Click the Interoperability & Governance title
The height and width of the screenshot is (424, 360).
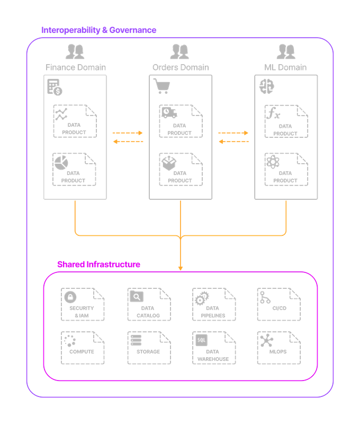coord(99,30)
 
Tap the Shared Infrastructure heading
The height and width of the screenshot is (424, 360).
coord(98,264)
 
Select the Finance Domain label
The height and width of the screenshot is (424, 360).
coord(75,67)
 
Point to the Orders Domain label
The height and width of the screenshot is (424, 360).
coord(181,67)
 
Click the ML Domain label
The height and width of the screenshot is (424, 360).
coord(286,67)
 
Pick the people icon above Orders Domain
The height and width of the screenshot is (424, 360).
coord(180,51)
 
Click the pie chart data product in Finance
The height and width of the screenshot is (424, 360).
coord(75,169)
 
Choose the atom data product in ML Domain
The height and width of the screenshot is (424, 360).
coord(286,169)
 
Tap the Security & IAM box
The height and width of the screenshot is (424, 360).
coord(82,304)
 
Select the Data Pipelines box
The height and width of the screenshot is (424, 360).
coord(213,304)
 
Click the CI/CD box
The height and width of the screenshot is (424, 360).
coord(278,304)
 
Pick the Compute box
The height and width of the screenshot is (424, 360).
coord(82,348)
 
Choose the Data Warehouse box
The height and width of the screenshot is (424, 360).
coord(213,348)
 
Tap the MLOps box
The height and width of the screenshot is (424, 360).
coord(278,348)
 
